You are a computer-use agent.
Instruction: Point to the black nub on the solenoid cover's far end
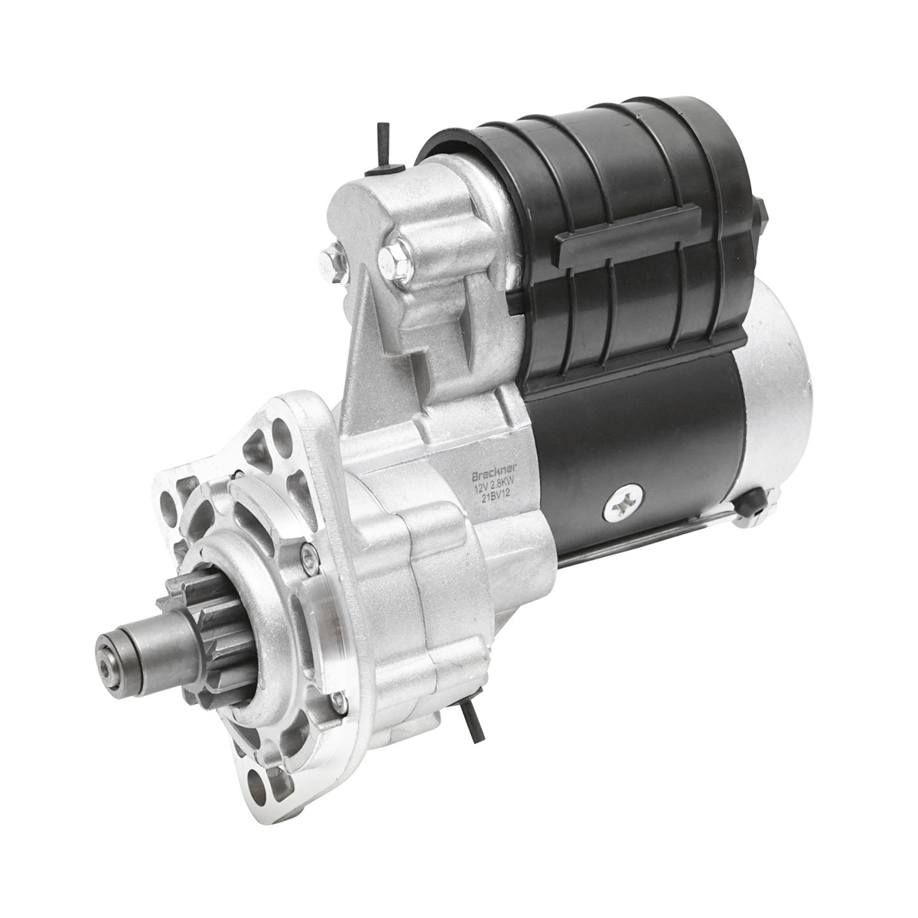[761, 212]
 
